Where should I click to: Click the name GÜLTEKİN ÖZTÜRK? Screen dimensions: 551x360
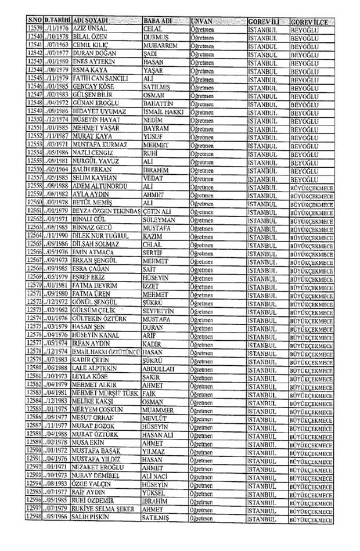(x=100, y=316)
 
